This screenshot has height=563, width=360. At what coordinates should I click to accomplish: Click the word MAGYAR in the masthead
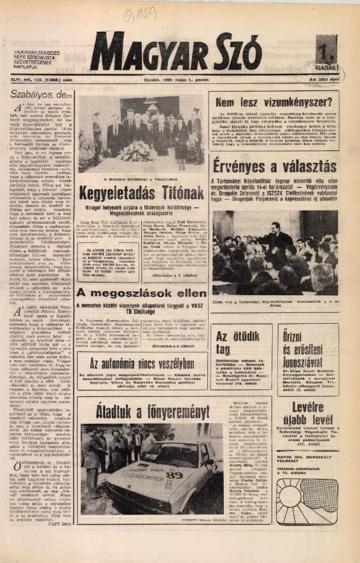tap(153, 52)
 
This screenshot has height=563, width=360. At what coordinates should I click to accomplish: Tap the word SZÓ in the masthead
tap(241, 52)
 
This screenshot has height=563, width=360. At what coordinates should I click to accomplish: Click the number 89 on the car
tap(174, 474)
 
